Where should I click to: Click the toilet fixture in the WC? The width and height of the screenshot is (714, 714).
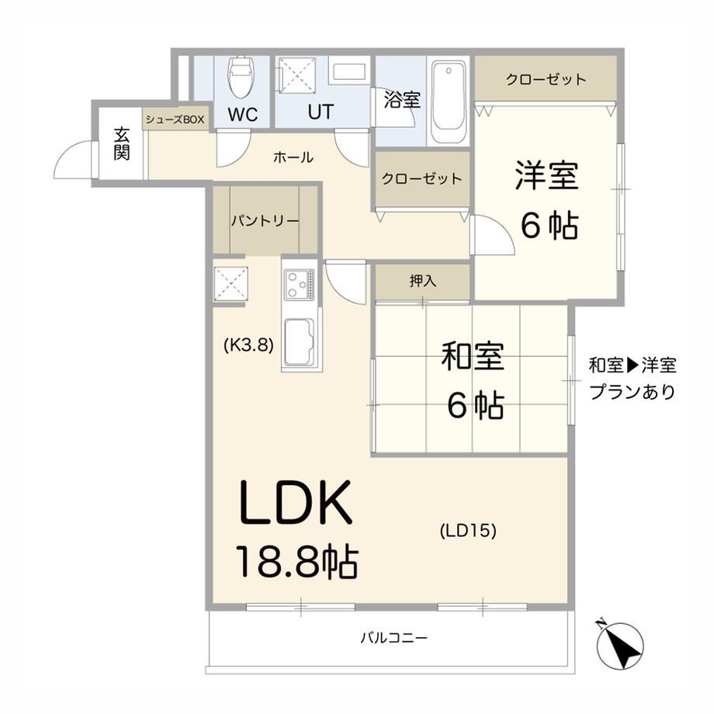242,77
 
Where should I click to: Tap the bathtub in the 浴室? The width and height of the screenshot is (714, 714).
448,102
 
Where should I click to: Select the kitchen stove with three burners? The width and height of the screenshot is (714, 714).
299,285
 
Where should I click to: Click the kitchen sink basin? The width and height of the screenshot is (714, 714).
299,342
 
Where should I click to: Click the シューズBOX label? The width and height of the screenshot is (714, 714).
175,120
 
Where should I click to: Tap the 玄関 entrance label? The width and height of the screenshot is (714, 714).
122,144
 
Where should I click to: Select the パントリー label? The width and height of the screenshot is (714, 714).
265,221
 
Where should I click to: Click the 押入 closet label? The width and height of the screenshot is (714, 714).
423,280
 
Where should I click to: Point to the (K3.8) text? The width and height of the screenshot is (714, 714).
248,345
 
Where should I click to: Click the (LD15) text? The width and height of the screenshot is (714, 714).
468,531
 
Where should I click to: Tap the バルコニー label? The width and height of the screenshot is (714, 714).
394,637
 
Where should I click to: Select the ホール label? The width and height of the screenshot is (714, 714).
293,158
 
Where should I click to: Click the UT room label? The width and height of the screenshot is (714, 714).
321,112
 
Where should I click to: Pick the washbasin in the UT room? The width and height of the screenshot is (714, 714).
349,72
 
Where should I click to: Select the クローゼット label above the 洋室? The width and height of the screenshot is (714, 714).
546,79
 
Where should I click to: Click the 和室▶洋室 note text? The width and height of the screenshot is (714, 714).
633,366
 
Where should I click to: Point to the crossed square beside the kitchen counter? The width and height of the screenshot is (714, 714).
230,284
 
